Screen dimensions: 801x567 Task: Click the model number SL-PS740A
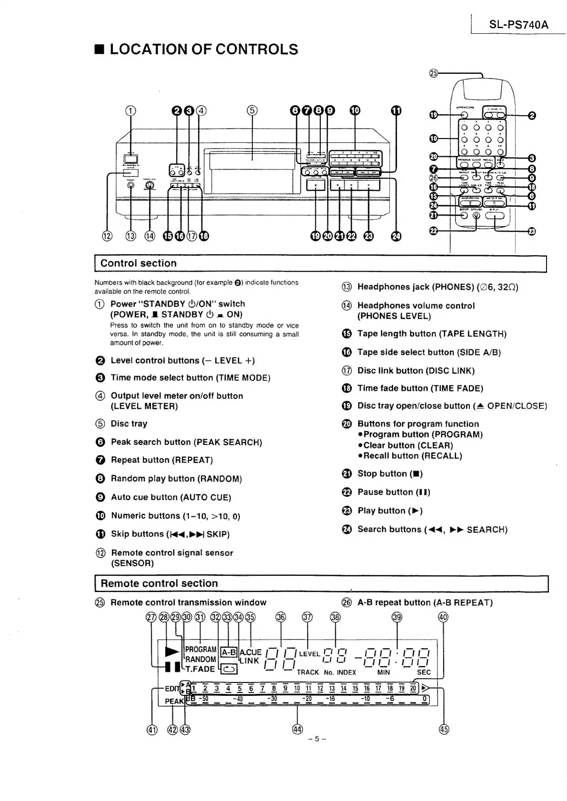click(518, 25)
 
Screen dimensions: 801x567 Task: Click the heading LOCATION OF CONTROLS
click(203, 49)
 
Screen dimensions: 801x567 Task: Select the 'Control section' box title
click(138, 263)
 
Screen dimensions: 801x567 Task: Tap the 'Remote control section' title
click(159, 583)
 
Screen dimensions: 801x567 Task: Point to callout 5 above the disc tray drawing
click(252, 111)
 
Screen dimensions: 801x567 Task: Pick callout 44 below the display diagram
click(298, 729)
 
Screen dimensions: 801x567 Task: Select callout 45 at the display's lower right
click(444, 729)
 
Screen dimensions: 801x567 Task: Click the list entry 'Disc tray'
click(129, 424)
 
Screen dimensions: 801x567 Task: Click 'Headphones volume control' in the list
click(416, 306)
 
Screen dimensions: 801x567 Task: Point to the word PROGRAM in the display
click(200, 649)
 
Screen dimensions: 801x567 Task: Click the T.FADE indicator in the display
click(200, 669)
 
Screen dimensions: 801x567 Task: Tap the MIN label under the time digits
click(383, 672)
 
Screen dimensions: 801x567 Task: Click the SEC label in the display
click(423, 672)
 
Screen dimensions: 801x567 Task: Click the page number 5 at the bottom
click(317, 739)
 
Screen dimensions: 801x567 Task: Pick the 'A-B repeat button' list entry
click(425, 603)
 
